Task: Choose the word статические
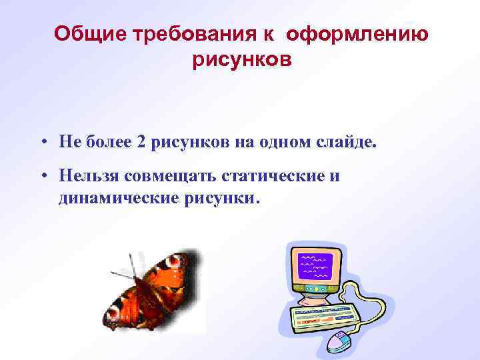pyautogui.click(x=262, y=175)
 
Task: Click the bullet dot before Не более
pyautogui.click(x=42, y=141)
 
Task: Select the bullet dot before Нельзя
pyautogui.click(x=42, y=176)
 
